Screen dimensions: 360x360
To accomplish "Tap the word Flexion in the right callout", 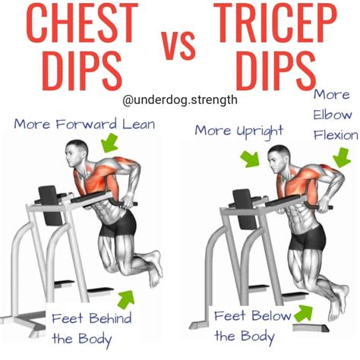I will tap(334, 137).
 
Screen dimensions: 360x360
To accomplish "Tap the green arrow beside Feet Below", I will tap(304, 311).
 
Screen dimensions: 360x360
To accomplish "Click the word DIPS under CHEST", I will tap(76, 73).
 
